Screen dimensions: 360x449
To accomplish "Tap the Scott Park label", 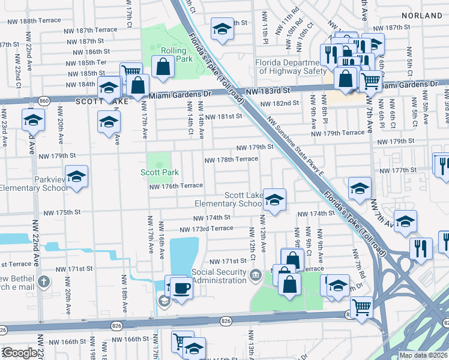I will click(160, 172).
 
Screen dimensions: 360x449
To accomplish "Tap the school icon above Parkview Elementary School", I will click(76, 176).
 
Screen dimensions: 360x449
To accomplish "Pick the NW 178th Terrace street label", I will click(232, 159).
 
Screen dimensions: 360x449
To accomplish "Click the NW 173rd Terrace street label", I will click(206, 229).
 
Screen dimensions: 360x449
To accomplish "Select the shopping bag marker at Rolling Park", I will click(163, 67).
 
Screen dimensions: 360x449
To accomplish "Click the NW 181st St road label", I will click(223, 117).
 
